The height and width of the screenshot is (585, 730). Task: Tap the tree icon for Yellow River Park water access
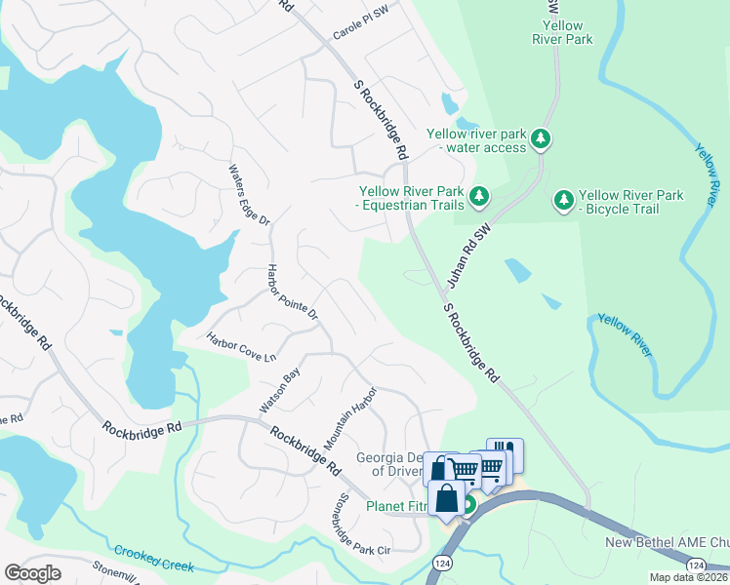541,139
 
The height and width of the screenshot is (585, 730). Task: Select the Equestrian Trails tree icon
479,197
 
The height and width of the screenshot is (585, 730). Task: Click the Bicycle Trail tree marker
563,200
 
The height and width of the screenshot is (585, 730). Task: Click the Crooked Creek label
153,558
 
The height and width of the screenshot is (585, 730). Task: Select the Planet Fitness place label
398,506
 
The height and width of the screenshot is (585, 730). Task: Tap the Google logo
33,573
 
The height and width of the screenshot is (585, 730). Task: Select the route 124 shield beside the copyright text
696,565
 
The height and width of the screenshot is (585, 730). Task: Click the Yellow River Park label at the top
562,33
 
